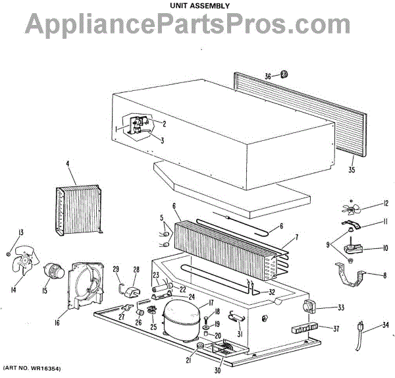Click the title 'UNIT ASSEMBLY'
(x=197, y=5)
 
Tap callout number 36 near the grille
(x=268, y=76)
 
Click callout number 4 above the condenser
(x=67, y=163)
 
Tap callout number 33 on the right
(x=321, y=306)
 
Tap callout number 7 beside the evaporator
(x=297, y=237)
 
